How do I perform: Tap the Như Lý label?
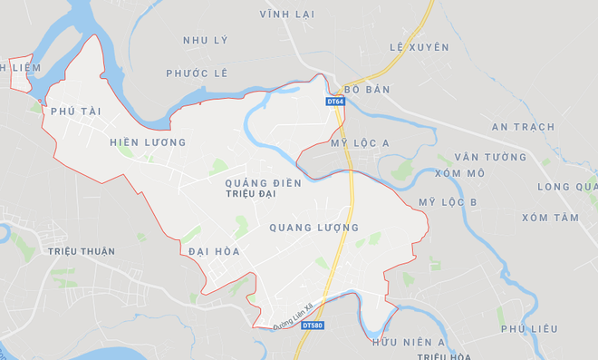pos(205,41)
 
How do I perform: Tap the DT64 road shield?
pos(334,102)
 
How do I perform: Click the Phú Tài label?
pos(75,111)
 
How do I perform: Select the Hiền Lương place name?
pos(147,142)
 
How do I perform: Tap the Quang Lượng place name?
pos(314,228)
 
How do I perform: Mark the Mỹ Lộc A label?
pos(360,143)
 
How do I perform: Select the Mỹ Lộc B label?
pos(448,201)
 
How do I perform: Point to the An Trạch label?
pos(523,127)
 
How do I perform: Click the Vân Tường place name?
pos(491,157)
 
